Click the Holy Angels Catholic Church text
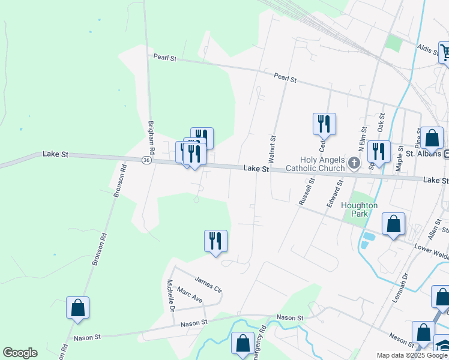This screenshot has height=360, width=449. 324,164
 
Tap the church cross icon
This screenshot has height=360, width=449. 354,163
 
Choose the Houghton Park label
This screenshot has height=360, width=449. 359,209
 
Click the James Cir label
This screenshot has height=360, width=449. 208,282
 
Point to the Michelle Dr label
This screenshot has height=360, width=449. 170,296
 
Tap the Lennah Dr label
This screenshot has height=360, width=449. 400,287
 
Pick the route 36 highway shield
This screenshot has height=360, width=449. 146,160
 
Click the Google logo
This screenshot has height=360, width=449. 20,353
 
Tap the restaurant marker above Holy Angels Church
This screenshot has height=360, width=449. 324,124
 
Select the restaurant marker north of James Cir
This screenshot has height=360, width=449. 215,241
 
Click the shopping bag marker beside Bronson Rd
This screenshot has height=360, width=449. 77,308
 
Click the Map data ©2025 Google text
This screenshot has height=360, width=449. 411,355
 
